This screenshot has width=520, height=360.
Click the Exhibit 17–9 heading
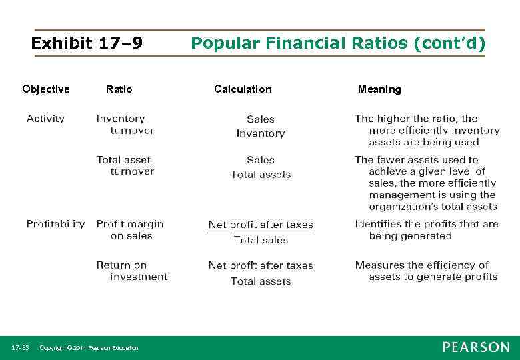pos(87,44)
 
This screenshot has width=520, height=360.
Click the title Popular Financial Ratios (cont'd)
pos(338,44)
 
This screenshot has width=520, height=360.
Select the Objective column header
pos(45,89)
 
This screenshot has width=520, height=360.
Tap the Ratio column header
pos(119,89)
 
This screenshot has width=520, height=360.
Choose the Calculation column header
pos(243,89)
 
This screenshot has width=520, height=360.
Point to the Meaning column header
pos(379,89)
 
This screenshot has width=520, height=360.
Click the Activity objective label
pos(45,119)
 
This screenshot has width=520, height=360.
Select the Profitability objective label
pos(55,224)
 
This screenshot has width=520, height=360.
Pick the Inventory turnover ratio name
pos(125,125)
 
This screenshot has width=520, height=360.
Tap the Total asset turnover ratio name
pos(125,165)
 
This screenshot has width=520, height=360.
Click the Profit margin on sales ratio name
pos(129,230)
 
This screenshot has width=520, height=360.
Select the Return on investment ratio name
pos(131,271)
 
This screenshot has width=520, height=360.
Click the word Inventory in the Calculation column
pos(261,134)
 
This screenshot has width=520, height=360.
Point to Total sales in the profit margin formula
pos(261,240)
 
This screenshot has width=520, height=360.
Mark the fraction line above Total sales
pos(261,233)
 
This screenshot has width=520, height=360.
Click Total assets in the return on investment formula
pos(261,281)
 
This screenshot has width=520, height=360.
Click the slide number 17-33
pos(20,348)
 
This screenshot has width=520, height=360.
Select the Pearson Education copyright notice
pos(89,348)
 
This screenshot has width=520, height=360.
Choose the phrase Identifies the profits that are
pos(427,224)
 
